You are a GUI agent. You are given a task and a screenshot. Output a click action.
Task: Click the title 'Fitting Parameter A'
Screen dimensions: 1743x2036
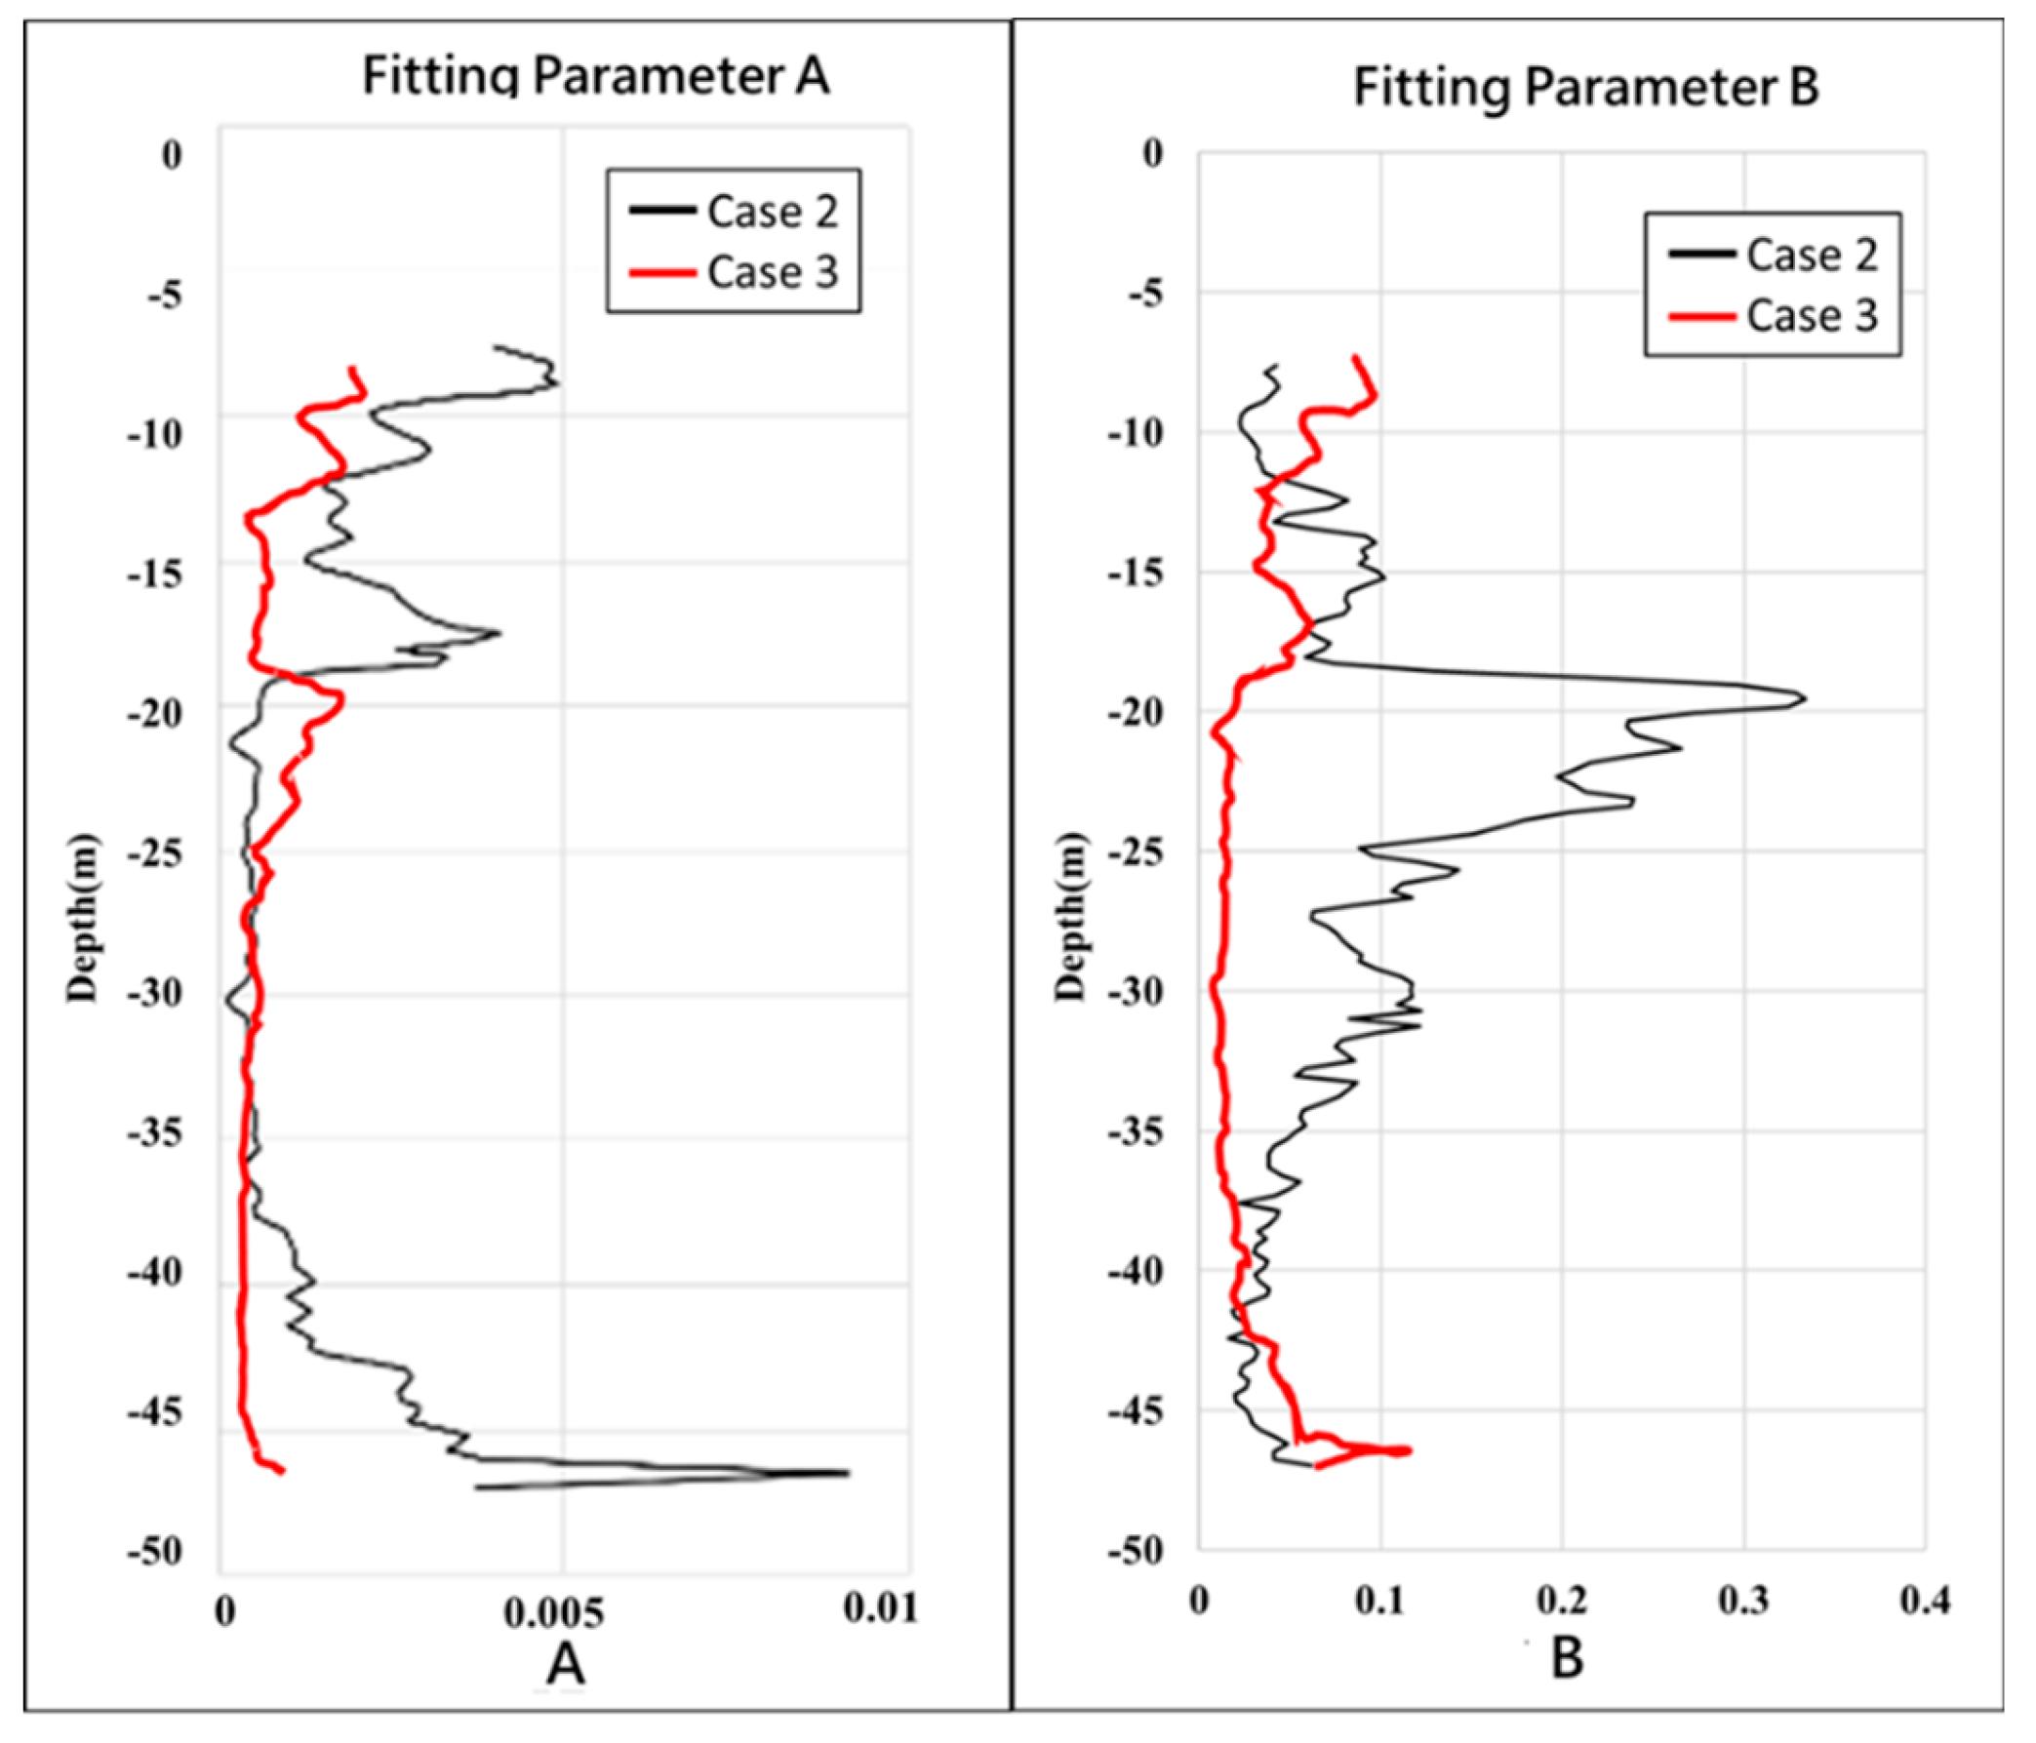[x=595, y=76]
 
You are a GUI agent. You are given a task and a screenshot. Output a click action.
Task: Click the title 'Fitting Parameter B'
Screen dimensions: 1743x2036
[x=1586, y=87]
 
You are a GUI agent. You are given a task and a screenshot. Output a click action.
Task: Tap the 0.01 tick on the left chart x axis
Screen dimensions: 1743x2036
[x=880, y=1607]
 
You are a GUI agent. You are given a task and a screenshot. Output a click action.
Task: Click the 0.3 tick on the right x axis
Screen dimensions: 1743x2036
[x=1743, y=1600]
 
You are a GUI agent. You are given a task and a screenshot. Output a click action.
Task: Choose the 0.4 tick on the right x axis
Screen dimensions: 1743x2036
[x=1924, y=1600]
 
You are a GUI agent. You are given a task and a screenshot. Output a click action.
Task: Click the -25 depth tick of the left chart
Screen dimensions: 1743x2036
[x=154, y=853]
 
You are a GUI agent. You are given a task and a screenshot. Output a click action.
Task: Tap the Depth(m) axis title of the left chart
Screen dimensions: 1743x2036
[x=83, y=918]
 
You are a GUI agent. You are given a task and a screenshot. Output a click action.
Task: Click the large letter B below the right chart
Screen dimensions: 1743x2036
[x=1567, y=1656]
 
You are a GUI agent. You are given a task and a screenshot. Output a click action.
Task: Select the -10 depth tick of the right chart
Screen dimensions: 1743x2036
[x=1135, y=432]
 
